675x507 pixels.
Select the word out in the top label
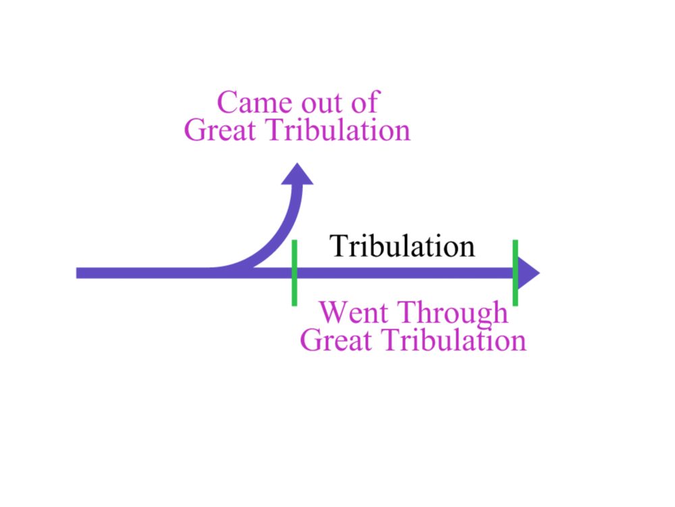tap(320, 104)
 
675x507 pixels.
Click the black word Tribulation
tap(402, 246)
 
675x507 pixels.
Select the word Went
tap(354, 312)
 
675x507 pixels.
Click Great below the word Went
tap(335, 340)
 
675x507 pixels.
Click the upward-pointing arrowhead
tap(297, 174)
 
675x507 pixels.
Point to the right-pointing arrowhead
tap(529, 273)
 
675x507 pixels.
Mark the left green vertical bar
tap(294, 273)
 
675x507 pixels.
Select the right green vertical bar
tap(515, 273)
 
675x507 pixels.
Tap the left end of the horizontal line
tap(77, 273)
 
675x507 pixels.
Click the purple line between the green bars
tap(404, 273)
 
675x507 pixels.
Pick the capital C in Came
tap(226, 103)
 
